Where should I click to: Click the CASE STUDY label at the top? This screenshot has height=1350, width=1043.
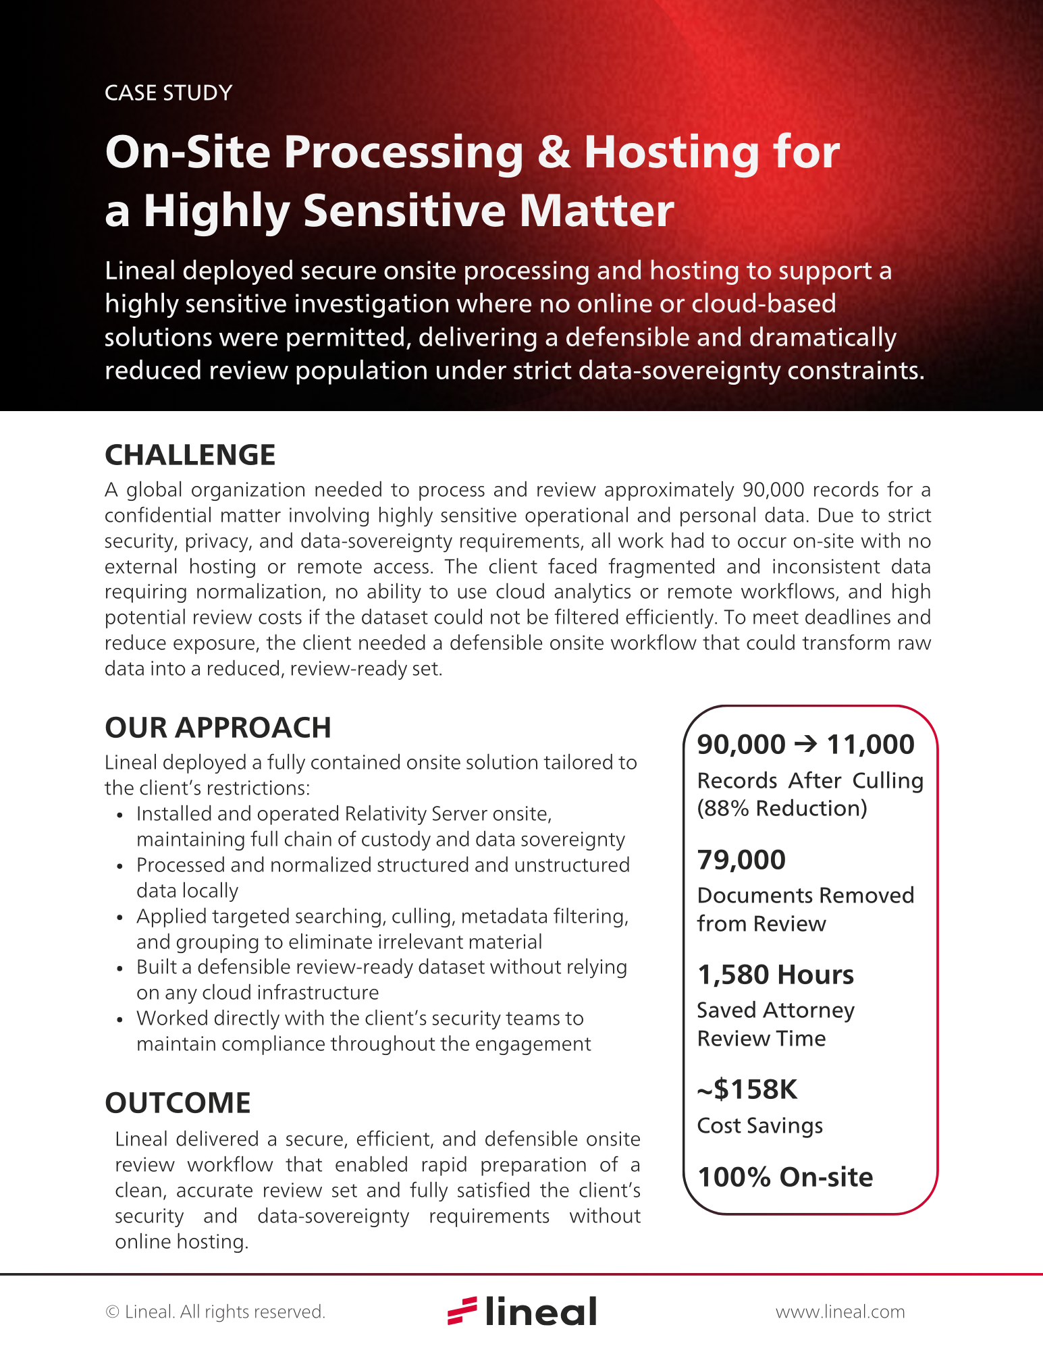168,92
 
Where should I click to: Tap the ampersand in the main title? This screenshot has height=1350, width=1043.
554,153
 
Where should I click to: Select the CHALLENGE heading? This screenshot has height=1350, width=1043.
190,455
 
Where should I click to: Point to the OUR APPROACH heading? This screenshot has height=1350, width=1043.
217,728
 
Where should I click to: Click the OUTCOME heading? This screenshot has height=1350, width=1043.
178,1103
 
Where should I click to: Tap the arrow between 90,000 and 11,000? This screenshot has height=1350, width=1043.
806,744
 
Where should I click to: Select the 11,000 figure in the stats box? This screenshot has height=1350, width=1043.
870,744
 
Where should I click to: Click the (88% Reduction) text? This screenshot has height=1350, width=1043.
782,808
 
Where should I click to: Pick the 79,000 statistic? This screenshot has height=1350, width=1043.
741,860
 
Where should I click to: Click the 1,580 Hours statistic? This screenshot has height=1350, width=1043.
775,975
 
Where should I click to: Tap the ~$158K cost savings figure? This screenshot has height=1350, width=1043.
747,1089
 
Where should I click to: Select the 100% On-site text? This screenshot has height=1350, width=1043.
784,1177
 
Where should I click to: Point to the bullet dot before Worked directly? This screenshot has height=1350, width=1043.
119,1019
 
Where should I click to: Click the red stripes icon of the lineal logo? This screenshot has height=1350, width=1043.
462,1310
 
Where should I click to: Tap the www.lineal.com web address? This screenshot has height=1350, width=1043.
840,1312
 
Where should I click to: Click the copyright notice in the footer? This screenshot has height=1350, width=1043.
215,1312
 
